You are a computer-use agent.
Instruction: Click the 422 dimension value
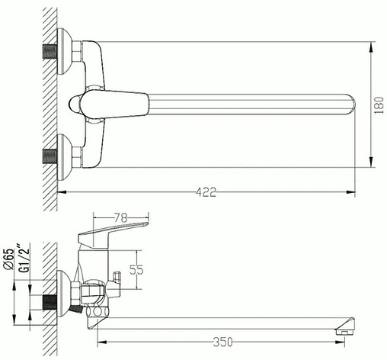coord(206,192)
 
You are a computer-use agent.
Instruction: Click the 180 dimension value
coord(379,105)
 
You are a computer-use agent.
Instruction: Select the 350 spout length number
coord(222,342)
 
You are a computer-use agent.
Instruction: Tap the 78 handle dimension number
coord(120,218)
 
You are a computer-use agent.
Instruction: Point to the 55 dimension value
coord(136,270)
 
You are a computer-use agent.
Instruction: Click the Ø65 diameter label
coord(8,259)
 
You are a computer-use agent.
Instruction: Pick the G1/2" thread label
coord(24,259)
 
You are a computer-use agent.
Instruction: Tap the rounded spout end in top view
coord(352,104)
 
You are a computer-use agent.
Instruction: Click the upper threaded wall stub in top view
coord(50,52)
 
